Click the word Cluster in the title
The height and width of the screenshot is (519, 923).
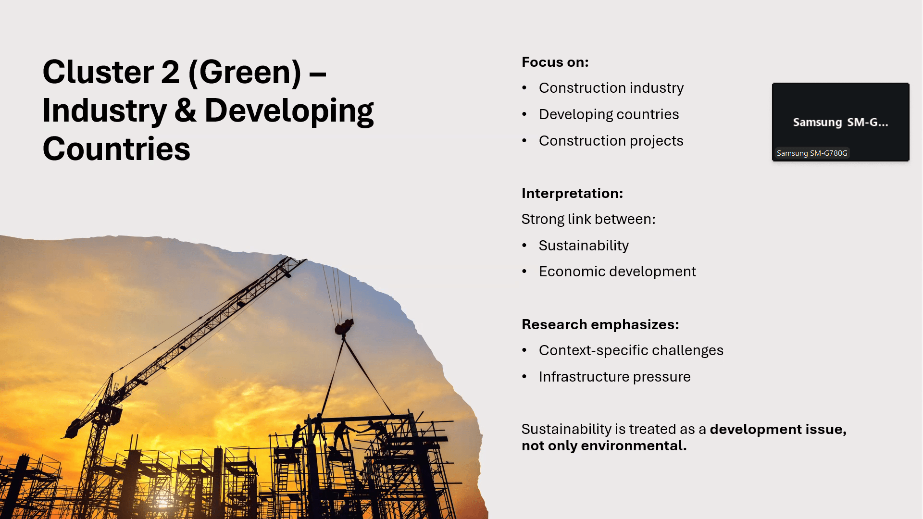(x=98, y=72)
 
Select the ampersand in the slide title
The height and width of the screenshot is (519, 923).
(x=185, y=111)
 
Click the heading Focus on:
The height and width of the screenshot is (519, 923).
(x=555, y=62)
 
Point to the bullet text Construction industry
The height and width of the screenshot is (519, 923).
(x=611, y=88)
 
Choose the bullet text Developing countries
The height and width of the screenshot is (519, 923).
(x=609, y=114)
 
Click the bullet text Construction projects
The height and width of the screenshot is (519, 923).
(x=611, y=141)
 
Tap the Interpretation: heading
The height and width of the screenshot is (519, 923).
(x=572, y=193)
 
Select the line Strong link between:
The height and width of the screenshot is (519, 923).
(x=588, y=219)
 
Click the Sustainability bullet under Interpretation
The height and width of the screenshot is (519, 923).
(x=584, y=246)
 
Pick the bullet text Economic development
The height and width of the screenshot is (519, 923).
(x=617, y=272)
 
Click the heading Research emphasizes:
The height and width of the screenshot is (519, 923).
(x=600, y=324)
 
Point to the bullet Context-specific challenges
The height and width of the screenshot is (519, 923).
(x=631, y=350)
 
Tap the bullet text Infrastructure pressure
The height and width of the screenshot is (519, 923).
(x=614, y=377)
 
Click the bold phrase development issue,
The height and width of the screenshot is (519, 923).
(x=778, y=429)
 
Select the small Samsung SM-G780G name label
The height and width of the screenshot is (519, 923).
(x=812, y=153)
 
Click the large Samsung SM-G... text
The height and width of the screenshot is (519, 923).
(x=840, y=122)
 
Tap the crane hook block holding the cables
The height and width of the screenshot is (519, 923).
(x=344, y=327)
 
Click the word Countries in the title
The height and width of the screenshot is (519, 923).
(x=116, y=149)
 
